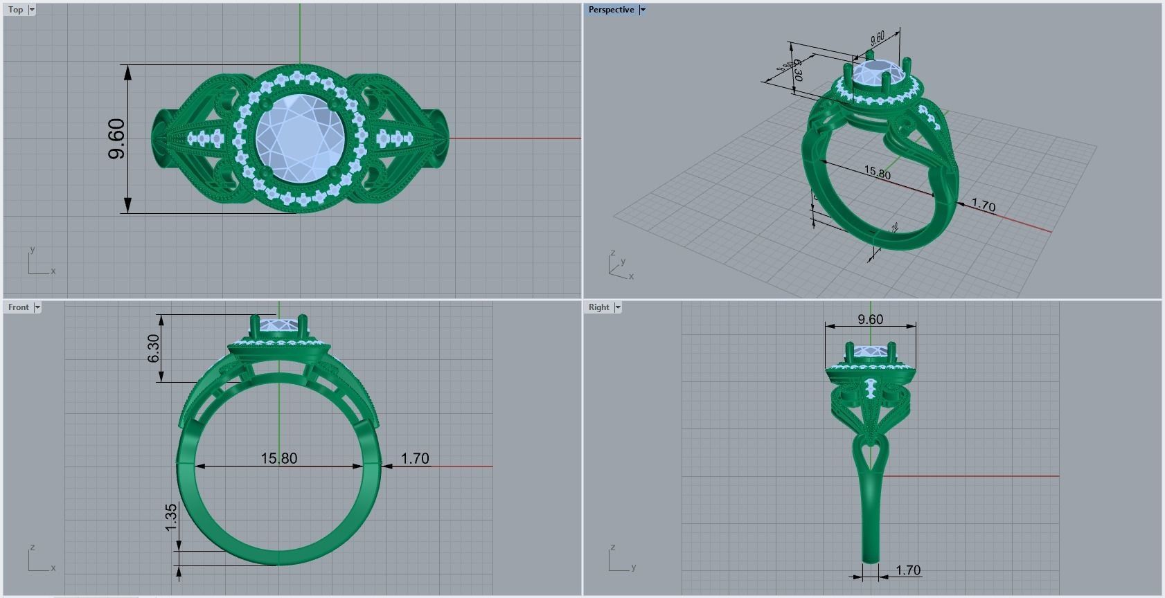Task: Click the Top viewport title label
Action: pos(15,10)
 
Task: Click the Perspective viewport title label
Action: pos(611,10)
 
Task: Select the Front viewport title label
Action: pos(19,307)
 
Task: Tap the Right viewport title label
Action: pos(598,307)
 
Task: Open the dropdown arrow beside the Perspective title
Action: pos(642,10)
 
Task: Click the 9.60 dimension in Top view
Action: pos(117,138)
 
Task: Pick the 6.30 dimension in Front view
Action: pos(153,348)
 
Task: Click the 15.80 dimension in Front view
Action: pos(279,458)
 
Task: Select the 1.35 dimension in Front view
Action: pos(171,518)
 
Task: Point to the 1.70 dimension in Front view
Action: pos(415,458)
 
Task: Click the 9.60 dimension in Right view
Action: pos(870,319)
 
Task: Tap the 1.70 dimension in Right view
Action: pos(907,570)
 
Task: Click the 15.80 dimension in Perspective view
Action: pos(877,172)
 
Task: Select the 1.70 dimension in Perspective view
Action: pos(983,206)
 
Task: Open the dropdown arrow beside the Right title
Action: pos(617,307)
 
